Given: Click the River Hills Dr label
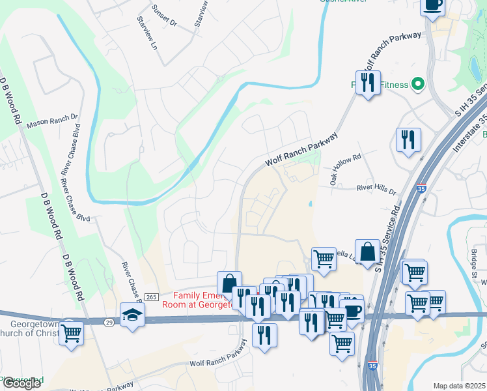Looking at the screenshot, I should click(376, 190).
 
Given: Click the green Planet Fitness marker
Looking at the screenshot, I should click(419, 84).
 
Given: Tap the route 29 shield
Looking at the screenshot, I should click(108, 322).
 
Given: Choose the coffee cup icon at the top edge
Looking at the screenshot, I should click(433, 5).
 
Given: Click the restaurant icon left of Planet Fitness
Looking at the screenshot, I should click(368, 83).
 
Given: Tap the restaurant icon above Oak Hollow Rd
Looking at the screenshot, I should click(408, 139).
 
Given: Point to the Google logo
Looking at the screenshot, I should click(21, 383).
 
